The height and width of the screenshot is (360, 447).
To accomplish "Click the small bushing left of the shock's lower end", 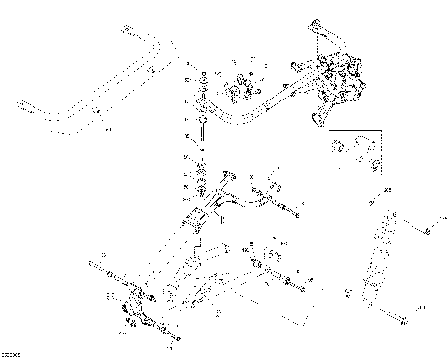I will click(346, 296).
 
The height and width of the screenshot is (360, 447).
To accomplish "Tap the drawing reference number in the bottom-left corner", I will click(11, 354).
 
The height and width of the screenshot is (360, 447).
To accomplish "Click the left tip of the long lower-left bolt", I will click(92, 269).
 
